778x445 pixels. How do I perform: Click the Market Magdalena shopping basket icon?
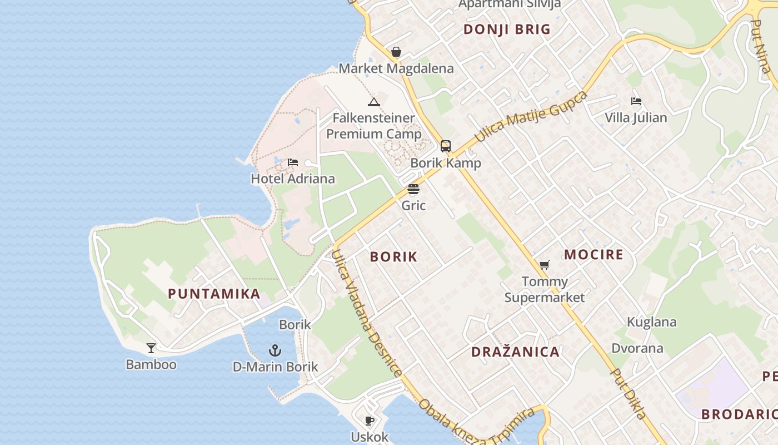pyautogui.click(x=396, y=52)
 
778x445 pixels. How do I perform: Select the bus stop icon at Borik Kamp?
pyautogui.click(x=446, y=146)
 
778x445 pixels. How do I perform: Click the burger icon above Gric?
pyautogui.click(x=413, y=189)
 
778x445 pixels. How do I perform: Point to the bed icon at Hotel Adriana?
pyautogui.click(x=293, y=162)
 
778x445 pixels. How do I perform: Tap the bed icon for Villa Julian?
pyautogui.click(x=636, y=101)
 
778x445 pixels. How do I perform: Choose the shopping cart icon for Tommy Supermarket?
pyautogui.click(x=545, y=265)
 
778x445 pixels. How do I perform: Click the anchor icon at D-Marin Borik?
pyautogui.click(x=275, y=350)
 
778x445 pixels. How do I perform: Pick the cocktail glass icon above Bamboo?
pyautogui.click(x=151, y=348)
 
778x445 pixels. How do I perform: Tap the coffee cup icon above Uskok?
pyautogui.click(x=370, y=421)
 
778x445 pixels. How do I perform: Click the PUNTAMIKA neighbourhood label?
pyautogui.click(x=214, y=294)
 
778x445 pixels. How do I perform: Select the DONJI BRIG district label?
pyautogui.click(x=507, y=29)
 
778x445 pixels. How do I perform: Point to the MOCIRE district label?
pyautogui.click(x=594, y=255)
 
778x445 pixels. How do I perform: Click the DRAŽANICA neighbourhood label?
pyautogui.click(x=515, y=352)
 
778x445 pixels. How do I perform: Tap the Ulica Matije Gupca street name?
pyautogui.click(x=531, y=116)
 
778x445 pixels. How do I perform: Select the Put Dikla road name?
pyautogui.click(x=629, y=393)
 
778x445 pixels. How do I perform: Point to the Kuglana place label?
pyautogui.click(x=652, y=322)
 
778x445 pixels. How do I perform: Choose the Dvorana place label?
pyautogui.click(x=637, y=348)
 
